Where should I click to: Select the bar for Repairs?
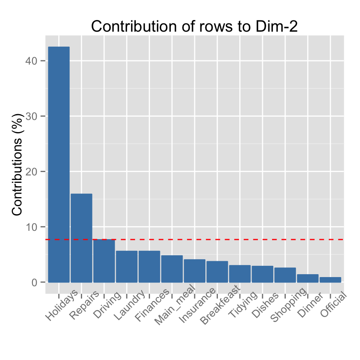[81, 238]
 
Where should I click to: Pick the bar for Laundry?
[127, 267]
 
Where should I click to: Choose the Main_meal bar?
[172, 269]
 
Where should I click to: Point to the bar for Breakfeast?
[217, 272]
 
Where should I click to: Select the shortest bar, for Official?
[330, 280]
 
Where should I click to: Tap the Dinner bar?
[307, 278]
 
